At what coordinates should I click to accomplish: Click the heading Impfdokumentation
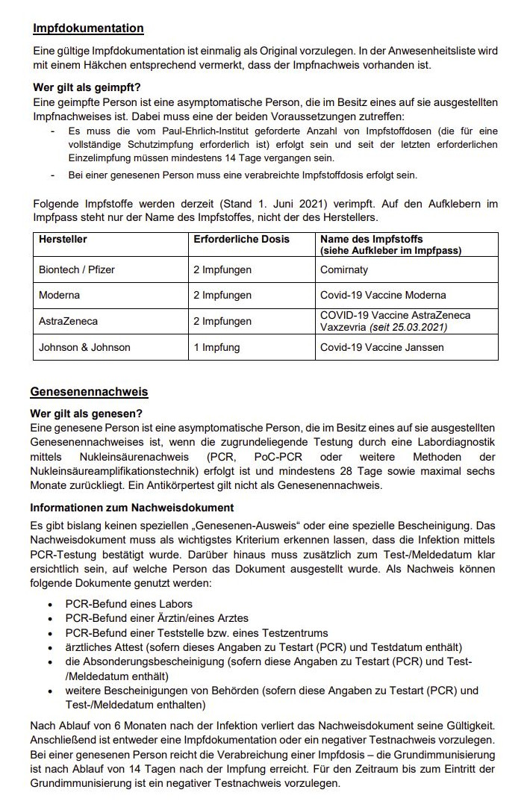point(88,28)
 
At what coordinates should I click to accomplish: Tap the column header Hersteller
point(63,239)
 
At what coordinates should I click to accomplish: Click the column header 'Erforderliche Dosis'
point(241,239)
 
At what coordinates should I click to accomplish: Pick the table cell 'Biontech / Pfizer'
point(77,269)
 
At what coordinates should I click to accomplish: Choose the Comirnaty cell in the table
point(344,269)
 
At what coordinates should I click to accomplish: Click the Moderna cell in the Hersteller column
point(60,295)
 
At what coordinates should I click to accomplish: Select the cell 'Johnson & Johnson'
point(84,347)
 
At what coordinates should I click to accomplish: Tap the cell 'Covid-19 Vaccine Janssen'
point(381,347)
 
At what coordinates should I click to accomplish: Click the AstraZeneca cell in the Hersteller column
point(68,321)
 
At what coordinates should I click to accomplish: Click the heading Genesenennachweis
point(89,391)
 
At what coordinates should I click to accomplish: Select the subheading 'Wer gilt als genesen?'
point(86,414)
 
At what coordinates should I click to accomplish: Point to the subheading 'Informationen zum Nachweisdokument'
point(132,508)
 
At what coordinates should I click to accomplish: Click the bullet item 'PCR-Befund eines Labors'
point(128,603)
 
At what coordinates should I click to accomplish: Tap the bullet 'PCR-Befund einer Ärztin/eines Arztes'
point(157,618)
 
